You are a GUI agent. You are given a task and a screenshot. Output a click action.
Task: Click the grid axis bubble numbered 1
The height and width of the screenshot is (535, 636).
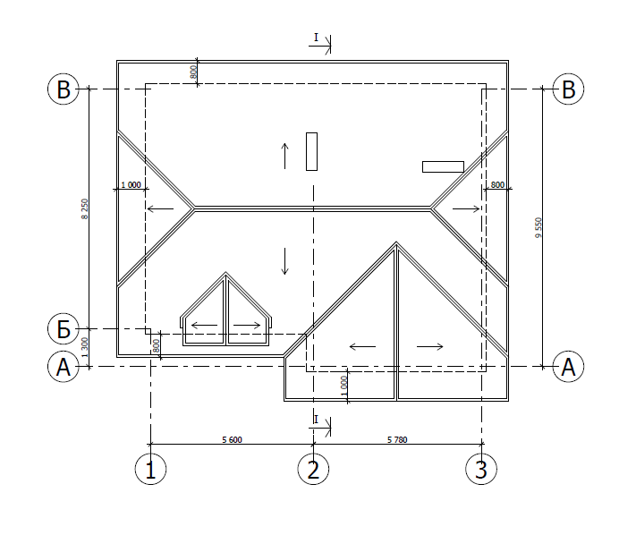150,469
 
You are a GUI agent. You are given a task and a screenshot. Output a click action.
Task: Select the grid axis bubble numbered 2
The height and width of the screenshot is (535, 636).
313,469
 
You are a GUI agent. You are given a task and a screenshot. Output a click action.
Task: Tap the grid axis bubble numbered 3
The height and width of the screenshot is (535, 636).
481,469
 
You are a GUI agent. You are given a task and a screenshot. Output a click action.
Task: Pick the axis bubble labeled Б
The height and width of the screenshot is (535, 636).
64,328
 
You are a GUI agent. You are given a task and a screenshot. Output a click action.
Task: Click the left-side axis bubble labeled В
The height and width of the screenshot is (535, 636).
64,89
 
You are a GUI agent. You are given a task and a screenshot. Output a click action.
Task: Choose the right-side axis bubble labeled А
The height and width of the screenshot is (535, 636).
568,366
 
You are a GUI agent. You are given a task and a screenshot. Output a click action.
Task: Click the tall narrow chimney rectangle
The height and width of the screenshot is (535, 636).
311,151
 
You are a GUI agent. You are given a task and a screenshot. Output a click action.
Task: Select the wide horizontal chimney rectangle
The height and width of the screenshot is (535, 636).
443,166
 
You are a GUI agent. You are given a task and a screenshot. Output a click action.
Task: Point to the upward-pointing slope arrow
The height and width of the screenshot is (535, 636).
285,156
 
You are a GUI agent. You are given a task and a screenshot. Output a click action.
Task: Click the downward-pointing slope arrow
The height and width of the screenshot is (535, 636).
285,261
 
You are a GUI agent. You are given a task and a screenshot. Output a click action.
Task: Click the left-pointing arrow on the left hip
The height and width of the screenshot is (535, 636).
161,208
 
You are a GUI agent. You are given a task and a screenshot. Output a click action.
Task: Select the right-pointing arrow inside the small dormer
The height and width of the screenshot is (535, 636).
247,325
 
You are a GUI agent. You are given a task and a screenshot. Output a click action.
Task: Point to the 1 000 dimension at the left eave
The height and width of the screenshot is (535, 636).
131,184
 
